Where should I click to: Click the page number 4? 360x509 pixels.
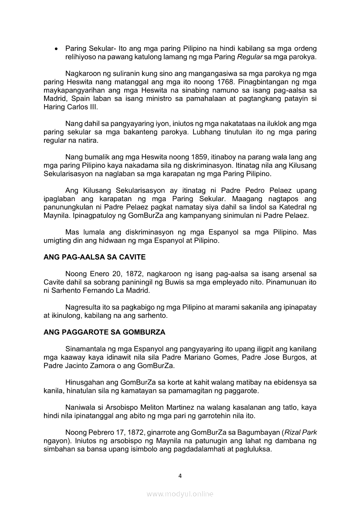(x=180, y=475)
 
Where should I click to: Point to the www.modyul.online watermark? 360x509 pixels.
(x=180, y=494)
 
